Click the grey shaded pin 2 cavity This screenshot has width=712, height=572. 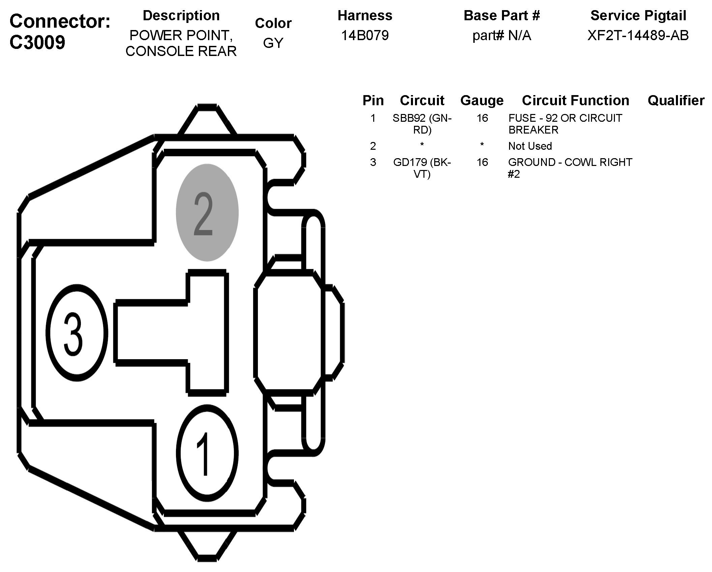tap(207, 212)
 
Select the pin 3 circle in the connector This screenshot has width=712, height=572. tap(77, 333)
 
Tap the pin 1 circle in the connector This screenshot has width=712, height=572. tap(207, 453)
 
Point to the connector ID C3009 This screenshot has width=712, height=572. tap(37, 42)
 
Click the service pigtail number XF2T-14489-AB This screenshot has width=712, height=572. tap(638, 35)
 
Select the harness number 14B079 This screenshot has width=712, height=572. tap(365, 35)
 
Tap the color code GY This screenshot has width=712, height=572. tap(273, 43)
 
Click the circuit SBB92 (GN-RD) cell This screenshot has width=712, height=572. tap(422, 124)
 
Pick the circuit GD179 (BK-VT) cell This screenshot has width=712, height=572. tap(422, 168)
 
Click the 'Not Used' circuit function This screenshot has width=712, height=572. tap(530, 146)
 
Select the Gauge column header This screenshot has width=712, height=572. tap(482, 101)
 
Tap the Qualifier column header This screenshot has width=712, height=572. tap(676, 101)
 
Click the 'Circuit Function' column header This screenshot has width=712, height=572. tap(575, 101)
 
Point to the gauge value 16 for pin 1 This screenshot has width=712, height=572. tap(482, 118)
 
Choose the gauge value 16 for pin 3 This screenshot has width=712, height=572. tap(482, 162)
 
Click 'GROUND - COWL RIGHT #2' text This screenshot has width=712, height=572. tap(570, 168)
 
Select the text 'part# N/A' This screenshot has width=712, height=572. tap(502, 35)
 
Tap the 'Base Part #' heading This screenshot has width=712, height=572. tap(502, 16)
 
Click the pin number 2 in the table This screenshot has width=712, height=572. tap(373, 146)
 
